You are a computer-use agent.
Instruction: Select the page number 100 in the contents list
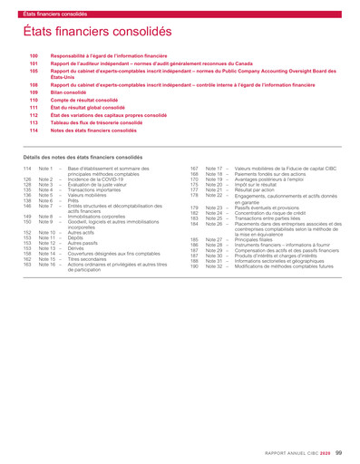(34, 56)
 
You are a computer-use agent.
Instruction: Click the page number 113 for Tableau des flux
(34, 123)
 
